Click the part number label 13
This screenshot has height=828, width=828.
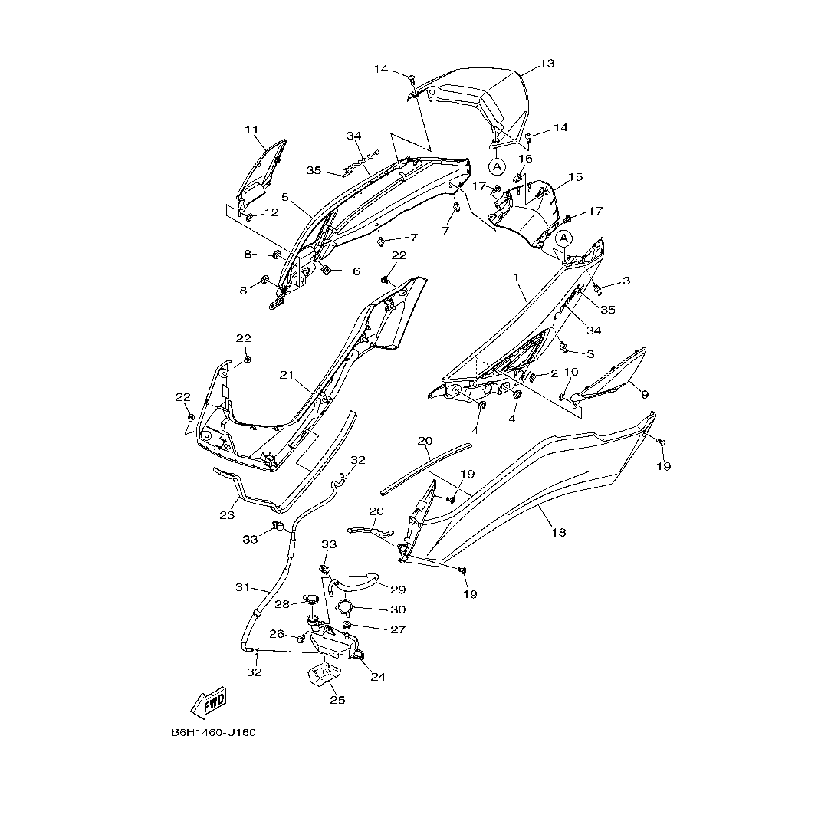(547, 64)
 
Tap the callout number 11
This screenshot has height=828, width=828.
(252, 130)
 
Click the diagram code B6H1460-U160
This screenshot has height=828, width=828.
(214, 732)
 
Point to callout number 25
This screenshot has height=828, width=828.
(338, 700)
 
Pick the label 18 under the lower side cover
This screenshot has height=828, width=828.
(559, 531)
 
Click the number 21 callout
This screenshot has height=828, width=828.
(287, 375)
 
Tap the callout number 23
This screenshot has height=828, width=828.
(227, 515)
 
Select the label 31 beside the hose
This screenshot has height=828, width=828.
(243, 587)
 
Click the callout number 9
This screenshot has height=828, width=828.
(645, 394)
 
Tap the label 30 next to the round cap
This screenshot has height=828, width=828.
(398, 609)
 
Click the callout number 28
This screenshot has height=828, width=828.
(282, 604)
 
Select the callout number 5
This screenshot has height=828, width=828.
(285, 197)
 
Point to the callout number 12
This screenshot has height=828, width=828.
(271, 212)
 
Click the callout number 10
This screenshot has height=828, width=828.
(570, 372)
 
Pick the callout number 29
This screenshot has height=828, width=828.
(397, 589)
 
